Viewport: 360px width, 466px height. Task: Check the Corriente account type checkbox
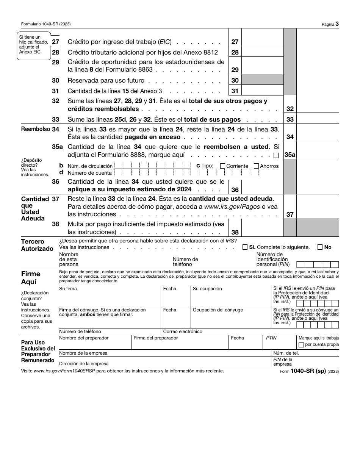tap(222, 166)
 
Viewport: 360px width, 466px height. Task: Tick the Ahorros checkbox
tap(256, 166)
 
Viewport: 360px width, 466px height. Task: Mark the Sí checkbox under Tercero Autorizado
tap(245, 247)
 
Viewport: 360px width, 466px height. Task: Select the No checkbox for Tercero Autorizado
tap(320, 247)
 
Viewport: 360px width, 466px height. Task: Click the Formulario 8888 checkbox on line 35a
tap(276, 155)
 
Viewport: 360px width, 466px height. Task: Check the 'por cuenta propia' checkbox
tap(301, 345)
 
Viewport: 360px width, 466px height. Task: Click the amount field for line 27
tap(262, 42)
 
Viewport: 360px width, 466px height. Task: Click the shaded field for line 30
tap(262, 80)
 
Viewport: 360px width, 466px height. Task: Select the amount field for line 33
tap(318, 119)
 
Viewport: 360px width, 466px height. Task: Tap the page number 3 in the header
tap(337, 24)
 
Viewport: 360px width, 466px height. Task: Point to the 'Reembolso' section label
tap(36, 129)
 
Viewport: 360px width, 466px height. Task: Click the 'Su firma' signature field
tap(110, 297)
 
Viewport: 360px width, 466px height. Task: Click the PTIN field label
tap(271, 338)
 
